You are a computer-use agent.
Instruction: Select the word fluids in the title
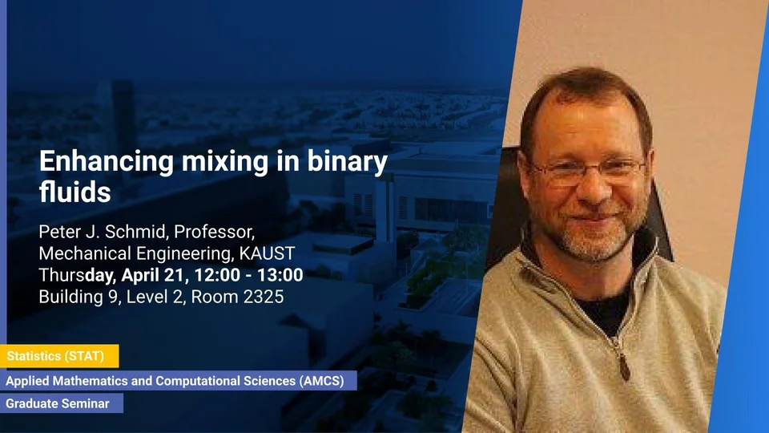[x=75, y=192]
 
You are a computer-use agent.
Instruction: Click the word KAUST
[x=267, y=253]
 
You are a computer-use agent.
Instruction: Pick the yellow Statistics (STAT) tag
[x=59, y=356]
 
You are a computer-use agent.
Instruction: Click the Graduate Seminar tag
[x=62, y=403]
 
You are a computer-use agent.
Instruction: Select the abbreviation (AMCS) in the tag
[x=322, y=381]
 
